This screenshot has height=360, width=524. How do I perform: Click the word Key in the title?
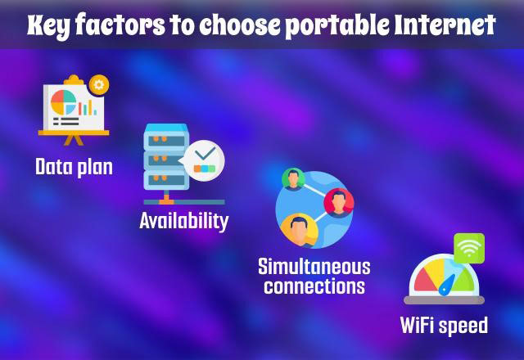pyautogui.click(x=48, y=26)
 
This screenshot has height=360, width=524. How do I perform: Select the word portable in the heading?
pyautogui.click(x=338, y=26)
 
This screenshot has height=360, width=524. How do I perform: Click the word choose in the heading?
pyautogui.click(x=240, y=25)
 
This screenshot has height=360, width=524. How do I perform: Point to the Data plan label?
pyautogui.click(x=74, y=167)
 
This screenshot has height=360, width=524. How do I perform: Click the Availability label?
pyautogui.click(x=184, y=221)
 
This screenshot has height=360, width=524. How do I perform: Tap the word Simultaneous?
pyautogui.click(x=314, y=267)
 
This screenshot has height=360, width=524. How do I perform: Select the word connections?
pyautogui.click(x=314, y=286)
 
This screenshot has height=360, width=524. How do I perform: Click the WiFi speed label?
pyautogui.click(x=444, y=326)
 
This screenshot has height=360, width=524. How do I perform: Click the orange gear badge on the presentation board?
pyautogui.click(x=99, y=85)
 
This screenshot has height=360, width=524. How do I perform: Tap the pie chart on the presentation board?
pyautogui.click(x=64, y=102)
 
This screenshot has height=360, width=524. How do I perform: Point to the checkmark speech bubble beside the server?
pyautogui.click(x=204, y=160)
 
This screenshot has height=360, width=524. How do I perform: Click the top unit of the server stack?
pyautogui.click(x=166, y=137)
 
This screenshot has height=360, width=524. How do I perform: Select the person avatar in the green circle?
pyautogui.click(x=293, y=179)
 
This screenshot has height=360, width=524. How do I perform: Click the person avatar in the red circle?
pyautogui.click(x=339, y=203)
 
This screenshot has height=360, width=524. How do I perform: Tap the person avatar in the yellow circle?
pyautogui.click(x=299, y=231)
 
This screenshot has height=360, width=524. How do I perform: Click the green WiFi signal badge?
pyautogui.click(x=469, y=249)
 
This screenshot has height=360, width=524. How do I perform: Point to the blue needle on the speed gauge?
pyautogui.click(x=447, y=285)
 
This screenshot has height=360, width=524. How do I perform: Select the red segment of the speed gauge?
pyautogui.click(x=424, y=281)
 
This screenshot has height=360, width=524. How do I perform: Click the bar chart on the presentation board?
pyautogui.click(x=88, y=108)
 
